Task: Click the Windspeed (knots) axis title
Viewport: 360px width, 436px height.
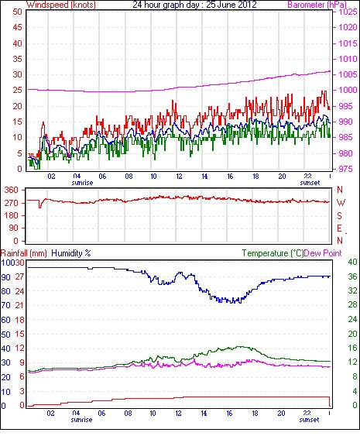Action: [x=61, y=5]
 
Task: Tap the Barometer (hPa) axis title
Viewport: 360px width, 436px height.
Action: [x=317, y=5]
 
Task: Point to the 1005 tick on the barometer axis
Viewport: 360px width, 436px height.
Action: [x=348, y=74]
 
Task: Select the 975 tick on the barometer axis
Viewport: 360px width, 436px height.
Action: [x=345, y=169]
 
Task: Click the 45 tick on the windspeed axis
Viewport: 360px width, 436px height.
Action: [x=17, y=27]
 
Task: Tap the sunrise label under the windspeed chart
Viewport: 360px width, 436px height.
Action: [x=82, y=183]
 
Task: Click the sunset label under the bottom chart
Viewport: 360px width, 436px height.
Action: [x=309, y=420]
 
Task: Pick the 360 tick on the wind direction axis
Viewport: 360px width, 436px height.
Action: [x=11, y=190]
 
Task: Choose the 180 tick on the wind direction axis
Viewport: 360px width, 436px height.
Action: [x=11, y=215]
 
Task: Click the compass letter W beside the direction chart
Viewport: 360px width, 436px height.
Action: [x=341, y=203]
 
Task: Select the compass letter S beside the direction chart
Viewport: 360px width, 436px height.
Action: [x=339, y=215]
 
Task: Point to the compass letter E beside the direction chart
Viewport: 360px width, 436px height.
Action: [x=339, y=228]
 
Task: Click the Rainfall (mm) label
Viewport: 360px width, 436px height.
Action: [x=24, y=253]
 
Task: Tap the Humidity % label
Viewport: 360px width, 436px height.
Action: [x=71, y=253]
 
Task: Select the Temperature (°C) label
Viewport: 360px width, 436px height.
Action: [x=273, y=253]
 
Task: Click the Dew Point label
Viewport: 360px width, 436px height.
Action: [x=323, y=253]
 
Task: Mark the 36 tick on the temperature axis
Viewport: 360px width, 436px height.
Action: [x=352, y=276]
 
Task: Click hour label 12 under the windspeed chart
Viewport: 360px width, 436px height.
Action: [x=179, y=177]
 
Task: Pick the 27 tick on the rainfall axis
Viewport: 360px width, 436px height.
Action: [x=19, y=277]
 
